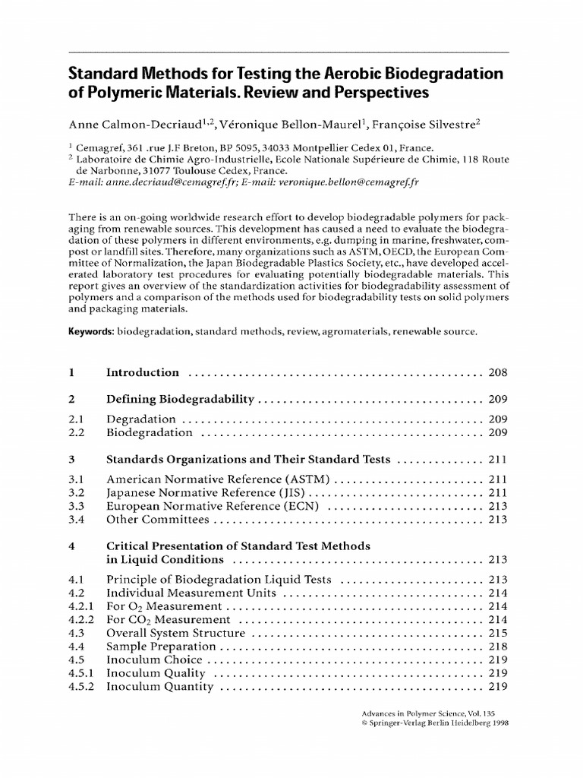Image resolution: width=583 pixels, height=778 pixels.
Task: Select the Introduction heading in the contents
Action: [143, 372]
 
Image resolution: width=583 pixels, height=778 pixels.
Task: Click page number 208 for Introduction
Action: [497, 372]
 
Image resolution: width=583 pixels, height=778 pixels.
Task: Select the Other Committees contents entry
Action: [157, 520]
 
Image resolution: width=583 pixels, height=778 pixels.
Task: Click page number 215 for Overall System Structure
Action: [497, 632]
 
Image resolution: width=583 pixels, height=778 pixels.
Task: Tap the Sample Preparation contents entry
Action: [161, 646]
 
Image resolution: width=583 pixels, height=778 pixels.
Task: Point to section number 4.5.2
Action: [80, 687]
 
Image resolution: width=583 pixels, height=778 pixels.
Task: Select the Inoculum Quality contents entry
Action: [156, 673]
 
